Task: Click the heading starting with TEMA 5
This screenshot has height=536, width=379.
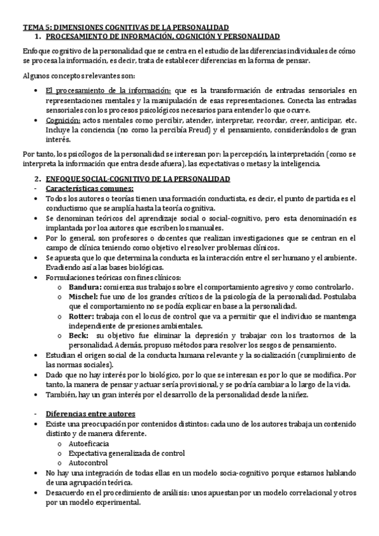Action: pyautogui.click(x=125, y=28)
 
